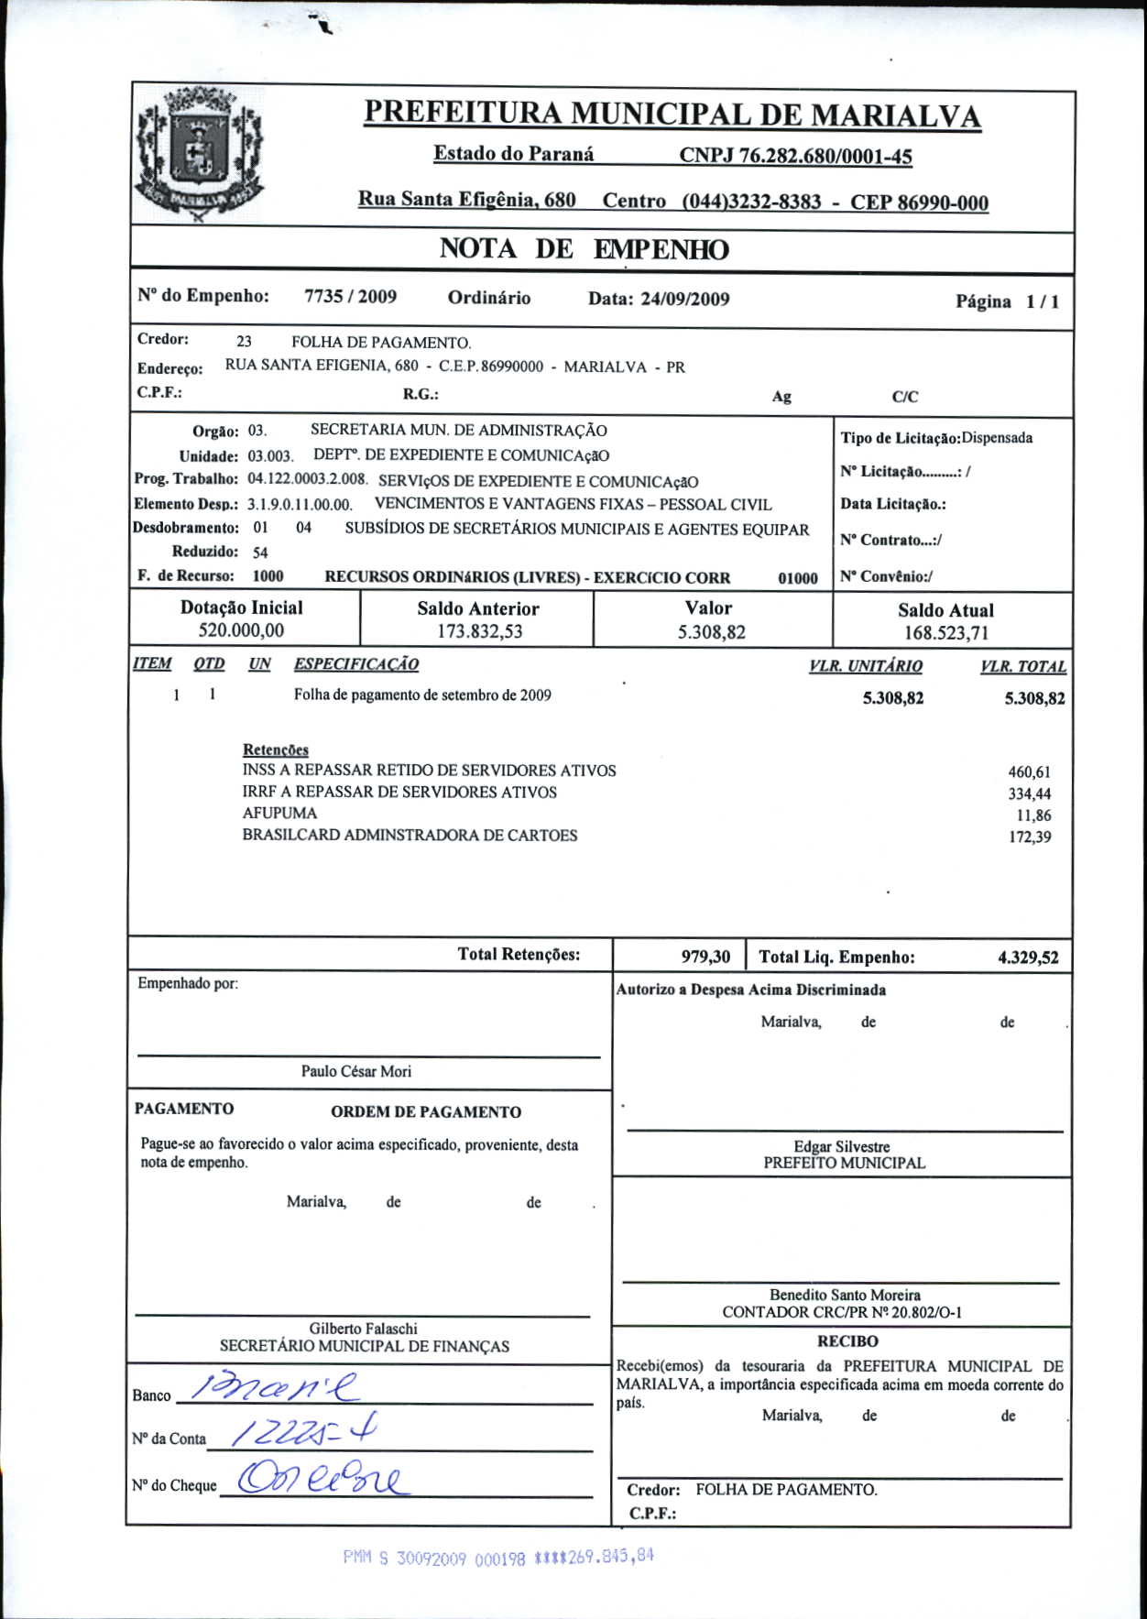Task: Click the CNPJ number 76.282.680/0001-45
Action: coord(795,156)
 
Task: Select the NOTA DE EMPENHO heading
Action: coord(584,249)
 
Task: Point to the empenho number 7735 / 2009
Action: coord(350,297)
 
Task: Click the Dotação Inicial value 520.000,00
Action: coord(241,630)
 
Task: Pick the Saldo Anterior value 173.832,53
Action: coord(479,631)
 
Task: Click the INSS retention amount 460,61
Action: coord(1029,772)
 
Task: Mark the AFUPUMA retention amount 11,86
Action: coord(1033,815)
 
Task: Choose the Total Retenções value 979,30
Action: coord(705,957)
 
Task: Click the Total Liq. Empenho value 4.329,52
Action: coord(1028,958)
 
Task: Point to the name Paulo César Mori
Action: coord(356,1071)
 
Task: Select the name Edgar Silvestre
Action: coord(841,1146)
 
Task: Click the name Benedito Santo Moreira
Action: coord(845,1295)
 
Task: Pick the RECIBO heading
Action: coord(847,1341)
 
